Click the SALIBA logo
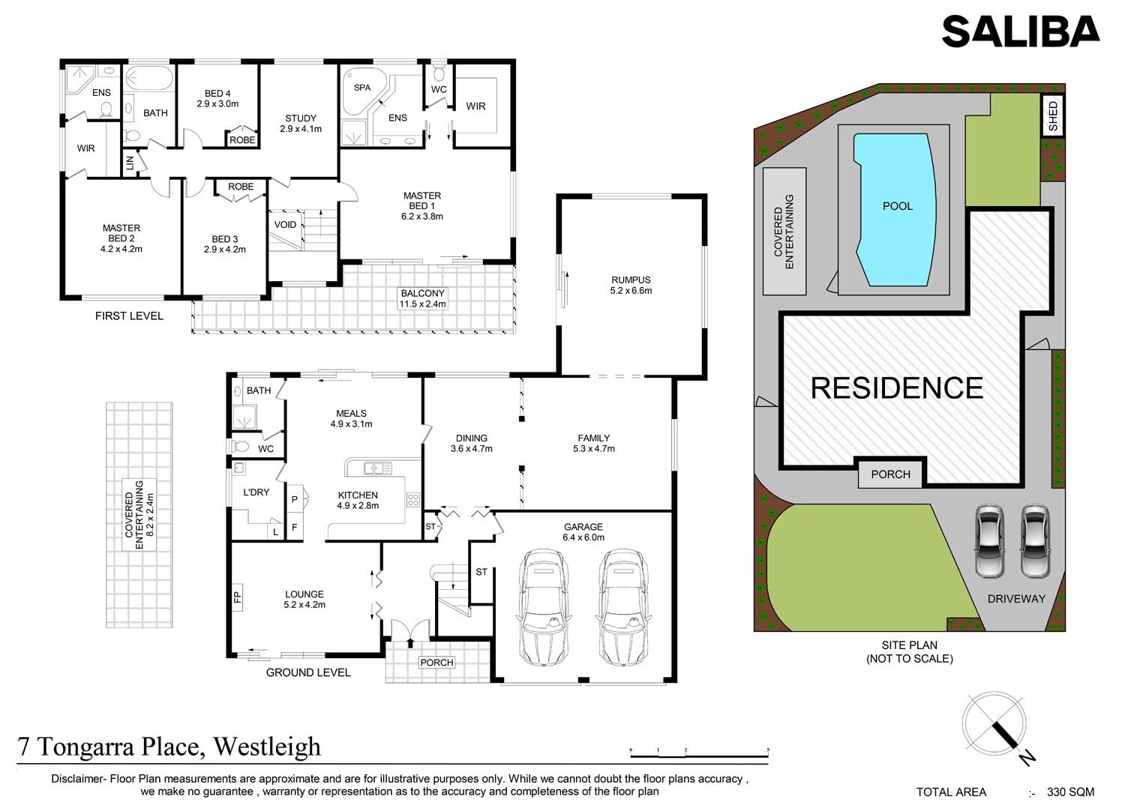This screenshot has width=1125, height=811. (x=1021, y=31)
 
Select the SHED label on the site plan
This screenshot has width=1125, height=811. (x=1054, y=116)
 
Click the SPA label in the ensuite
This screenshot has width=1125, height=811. (x=362, y=88)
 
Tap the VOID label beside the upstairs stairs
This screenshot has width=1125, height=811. (x=285, y=225)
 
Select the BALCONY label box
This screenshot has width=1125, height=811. (x=422, y=298)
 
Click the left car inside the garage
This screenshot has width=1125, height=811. (x=544, y=607)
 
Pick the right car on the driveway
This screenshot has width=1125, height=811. (x=1036, y=541)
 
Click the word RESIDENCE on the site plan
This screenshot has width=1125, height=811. (x=897, y=388)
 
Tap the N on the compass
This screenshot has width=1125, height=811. (x=1027, y=771)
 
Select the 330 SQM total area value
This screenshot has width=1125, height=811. (x=1070, y=792)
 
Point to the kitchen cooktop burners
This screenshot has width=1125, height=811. (x=412, y=500)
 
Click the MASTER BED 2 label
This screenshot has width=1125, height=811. (x=121, y=238)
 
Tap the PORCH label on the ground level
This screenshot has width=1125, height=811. (x=436, y=663)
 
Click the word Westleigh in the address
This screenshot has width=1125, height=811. (x=267, y=747)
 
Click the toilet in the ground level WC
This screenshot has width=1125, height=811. (x=240, y=446)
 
